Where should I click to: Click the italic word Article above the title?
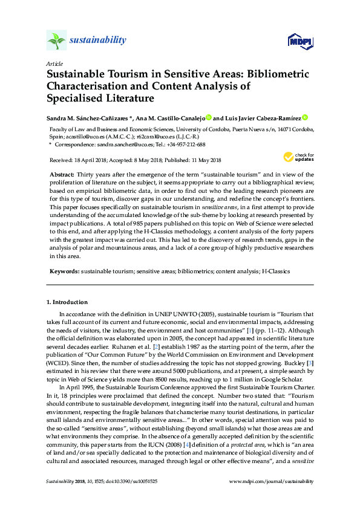53,63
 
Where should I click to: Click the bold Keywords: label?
64,272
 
